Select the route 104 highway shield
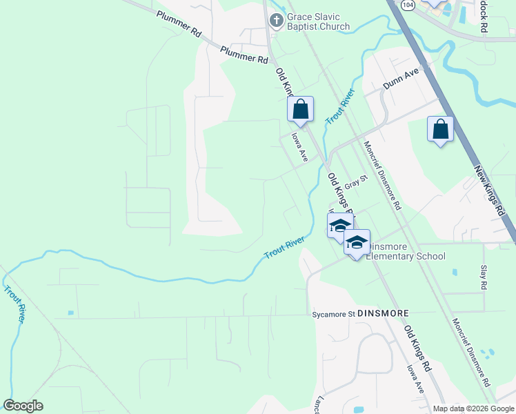(408, 5)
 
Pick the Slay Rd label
(483, 275)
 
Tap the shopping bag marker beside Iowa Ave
(300, 110)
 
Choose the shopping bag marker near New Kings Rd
(440, 129)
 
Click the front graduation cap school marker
(357, 242)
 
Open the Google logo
(23, 406)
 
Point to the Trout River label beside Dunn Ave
(340, 106)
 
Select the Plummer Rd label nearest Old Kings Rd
(244, 55)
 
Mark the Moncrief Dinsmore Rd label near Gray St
(381, 175)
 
